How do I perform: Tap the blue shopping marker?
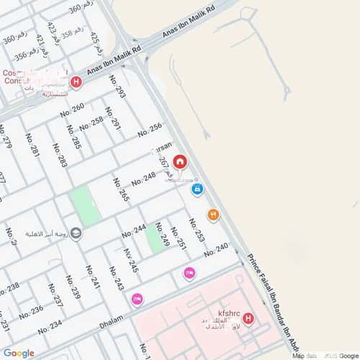point(197,189)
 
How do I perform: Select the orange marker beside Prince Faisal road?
point(213,215)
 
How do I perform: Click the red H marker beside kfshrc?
point(248,318)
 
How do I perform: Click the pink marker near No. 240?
point(189,273)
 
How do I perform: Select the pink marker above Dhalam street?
point(137,299)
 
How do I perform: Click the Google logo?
point(19,353)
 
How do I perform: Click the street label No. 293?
point(119,87)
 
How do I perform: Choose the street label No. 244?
point(134,231)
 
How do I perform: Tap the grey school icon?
point(76,233)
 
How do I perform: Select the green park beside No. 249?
point(153,238)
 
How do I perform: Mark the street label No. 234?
point(50,328)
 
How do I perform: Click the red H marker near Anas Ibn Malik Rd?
point(76,81)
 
